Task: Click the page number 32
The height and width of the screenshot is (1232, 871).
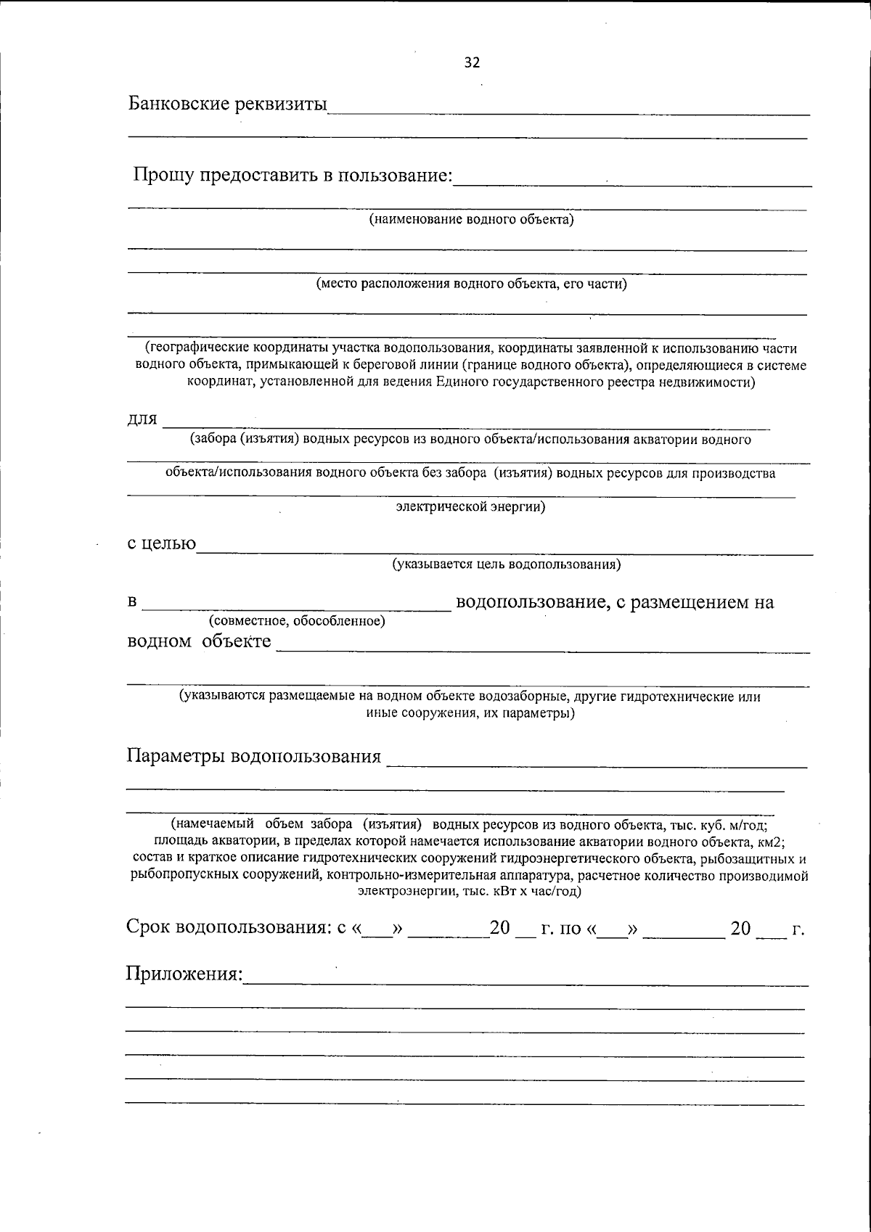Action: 472,63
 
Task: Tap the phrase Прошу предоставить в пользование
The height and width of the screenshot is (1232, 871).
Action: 293,176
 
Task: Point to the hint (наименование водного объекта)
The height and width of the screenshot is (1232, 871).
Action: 472,219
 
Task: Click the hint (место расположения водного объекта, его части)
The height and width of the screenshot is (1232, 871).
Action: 471,284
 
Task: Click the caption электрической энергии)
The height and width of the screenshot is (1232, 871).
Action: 470,506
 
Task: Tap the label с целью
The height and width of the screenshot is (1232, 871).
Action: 161,543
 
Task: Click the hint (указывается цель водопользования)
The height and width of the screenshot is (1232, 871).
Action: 506,564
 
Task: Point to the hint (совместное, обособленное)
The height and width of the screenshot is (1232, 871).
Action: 296,620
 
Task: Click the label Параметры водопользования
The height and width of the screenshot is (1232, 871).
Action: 254,756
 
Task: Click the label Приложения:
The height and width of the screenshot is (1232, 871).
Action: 184,973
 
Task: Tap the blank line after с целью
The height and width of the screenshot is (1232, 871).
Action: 504,553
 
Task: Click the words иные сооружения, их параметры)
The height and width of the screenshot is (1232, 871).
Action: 470,713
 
